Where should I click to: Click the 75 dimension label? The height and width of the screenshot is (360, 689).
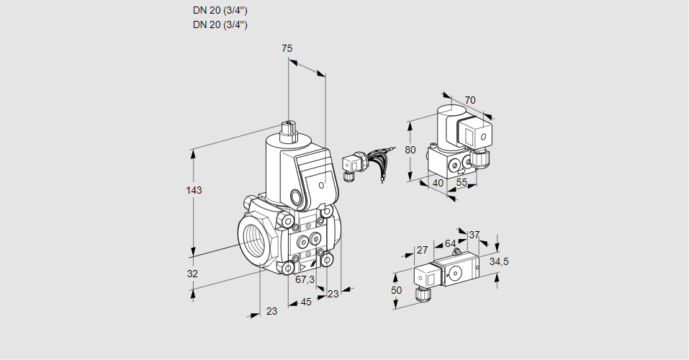pyautogui.click(x=287, y=48)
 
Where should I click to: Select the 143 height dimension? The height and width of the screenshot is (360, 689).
pyautogui.click(x=194, y=191)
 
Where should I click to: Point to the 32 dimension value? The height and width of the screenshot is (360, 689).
pyautogui.click(x=192, y=274)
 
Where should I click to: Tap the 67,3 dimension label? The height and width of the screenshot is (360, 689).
pyautogui.click(x=305, y=279)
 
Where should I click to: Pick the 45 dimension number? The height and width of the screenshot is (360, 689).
pyautogui.click(x=306, y=302)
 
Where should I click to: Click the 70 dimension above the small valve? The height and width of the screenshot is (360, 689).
pyautogui.click(x=470, y=100)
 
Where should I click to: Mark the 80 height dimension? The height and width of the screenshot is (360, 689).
pyautogui.click(x=410, y=150)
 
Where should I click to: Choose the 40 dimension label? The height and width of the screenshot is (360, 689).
pyautogui.click(x=438, y=184)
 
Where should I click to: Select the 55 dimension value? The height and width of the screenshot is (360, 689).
pyautogui.click(x=462, y=184)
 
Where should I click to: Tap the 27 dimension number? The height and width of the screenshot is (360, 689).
pyautogui.click(x=423, y=250)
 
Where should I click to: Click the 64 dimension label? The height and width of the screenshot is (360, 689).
pyautogui.click(x=450, y=243)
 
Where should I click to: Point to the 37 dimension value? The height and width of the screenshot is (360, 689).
pyautogui.click(x=474, y=235)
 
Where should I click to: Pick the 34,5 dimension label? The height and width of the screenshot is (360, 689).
pyautogui.click(x=499, y=261)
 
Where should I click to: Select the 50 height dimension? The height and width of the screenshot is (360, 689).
pyautogui.click(x=396, y=289)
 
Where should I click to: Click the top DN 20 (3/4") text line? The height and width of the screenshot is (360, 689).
pyautogui.click(x=220, y=10)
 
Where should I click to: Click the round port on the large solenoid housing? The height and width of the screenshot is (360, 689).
pyautogui.click(x=296, y=197)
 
